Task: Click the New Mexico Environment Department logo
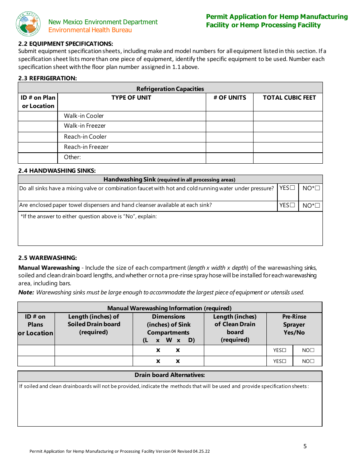pos(28,24)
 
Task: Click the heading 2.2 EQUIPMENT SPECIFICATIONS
pos(66,44)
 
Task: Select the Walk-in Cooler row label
pos(84,116)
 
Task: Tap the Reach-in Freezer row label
pos(86,147)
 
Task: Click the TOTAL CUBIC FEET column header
pos(289,98)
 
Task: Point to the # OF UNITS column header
pos(230,98)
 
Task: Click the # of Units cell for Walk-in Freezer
pos(229,126)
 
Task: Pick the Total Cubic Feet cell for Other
pos(288,158)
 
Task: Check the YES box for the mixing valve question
pos(292,188)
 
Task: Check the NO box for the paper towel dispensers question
pos(317,206)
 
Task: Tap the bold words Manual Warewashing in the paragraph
pos(49,268)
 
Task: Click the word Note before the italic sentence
pos(26,292)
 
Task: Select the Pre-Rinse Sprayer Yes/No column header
pos(294,325)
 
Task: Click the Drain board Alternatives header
pos(170,375)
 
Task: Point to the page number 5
pos(305,446)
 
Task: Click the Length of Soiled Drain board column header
pos(94,324)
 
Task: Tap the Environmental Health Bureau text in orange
pos(90,30)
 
